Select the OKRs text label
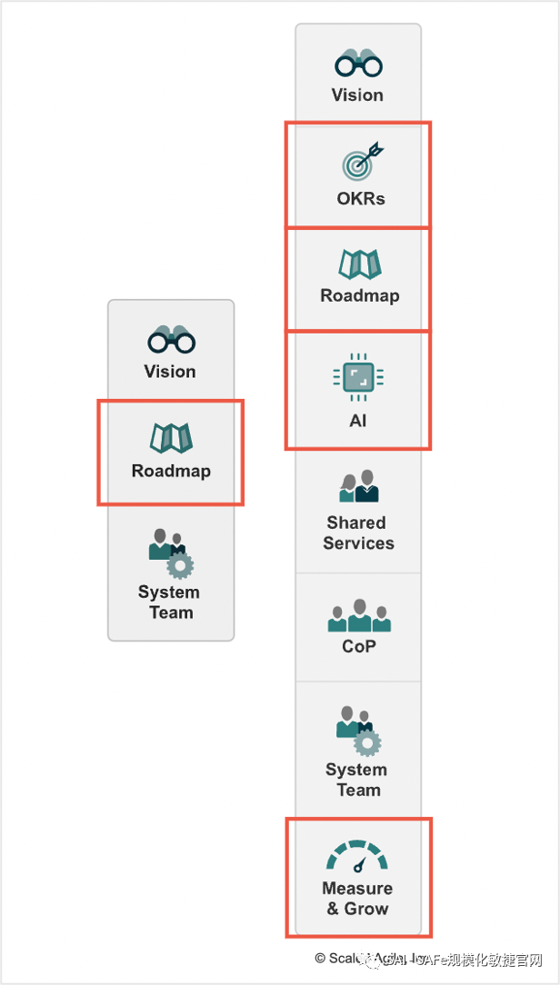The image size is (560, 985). click(x=361, y=198)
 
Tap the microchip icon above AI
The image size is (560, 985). click(x=358, y=378)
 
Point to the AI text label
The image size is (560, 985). click(x=358, y=421)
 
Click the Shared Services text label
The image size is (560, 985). click(x=357, y=532)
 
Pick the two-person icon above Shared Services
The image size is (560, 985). click(x=358, y=487)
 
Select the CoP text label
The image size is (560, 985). click(x=359, y=646)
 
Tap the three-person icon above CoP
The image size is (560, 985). click(x=359, y=616)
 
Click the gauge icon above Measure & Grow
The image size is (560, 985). click(x=357, y=857)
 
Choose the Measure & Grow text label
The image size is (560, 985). click(x=357, y=898)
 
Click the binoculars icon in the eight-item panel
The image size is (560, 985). click(x=358, y=64)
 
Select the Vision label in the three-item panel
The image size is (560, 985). click(x=170, y=371)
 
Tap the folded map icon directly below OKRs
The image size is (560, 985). click(x=359, y=264)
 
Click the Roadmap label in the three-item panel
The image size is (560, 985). click(x=171, y=471)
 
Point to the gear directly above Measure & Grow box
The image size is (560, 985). click(x=367, y=742)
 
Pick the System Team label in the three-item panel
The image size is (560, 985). click(x=170, y=602)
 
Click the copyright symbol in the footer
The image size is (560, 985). click(x=320, y=958)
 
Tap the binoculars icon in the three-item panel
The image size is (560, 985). click(x=171, y=340)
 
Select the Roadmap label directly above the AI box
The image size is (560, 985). click(x=359, y=295)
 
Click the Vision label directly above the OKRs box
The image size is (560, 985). click(x=357, y=95)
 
